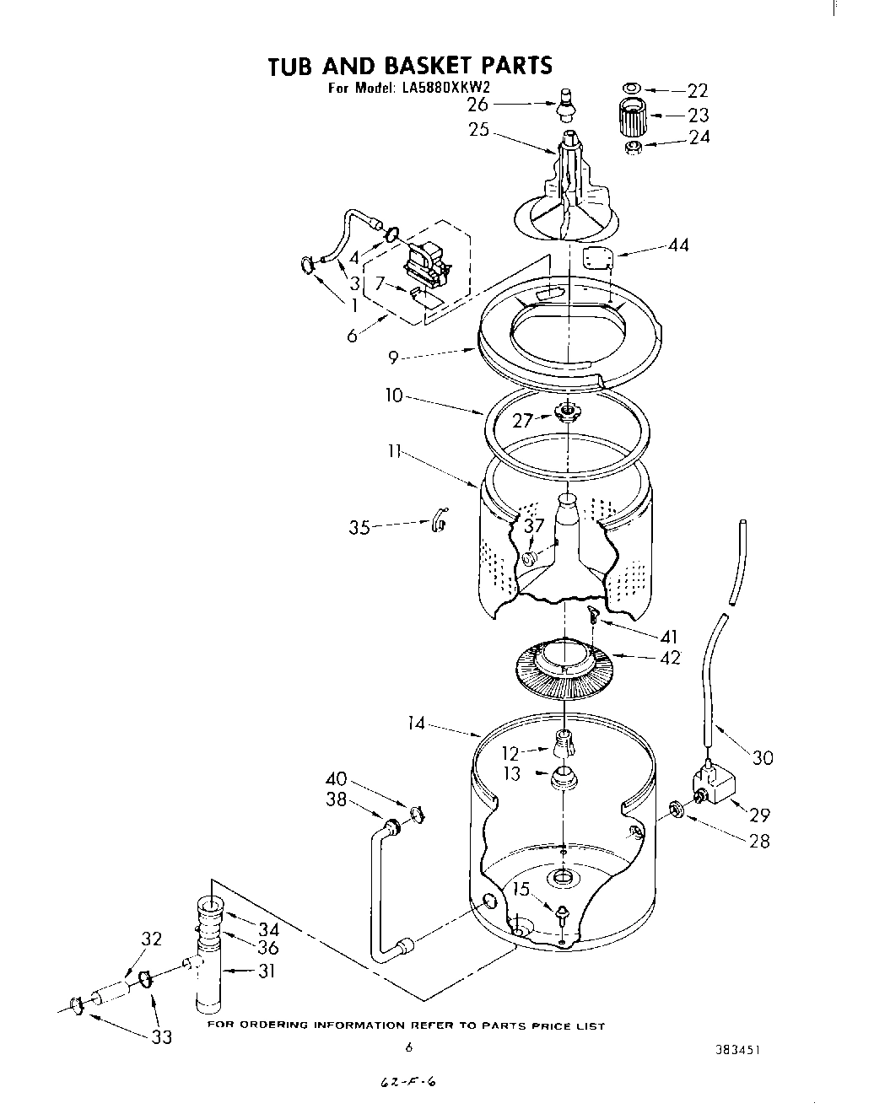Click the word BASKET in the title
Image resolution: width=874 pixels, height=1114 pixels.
click(433, 65)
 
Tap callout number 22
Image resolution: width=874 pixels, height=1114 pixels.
click(697, 90)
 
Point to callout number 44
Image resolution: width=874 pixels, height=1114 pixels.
click(677, 245)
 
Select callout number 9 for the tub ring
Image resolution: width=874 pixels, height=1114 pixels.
click(393, 358)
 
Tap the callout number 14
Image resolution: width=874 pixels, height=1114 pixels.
click(417, 724)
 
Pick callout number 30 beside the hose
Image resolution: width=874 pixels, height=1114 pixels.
click(762, 757)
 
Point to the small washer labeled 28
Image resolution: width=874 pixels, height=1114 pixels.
click(676, 810)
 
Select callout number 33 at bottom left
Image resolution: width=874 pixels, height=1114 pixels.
click(160, 1036)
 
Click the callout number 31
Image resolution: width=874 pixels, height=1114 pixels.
click(267, 971)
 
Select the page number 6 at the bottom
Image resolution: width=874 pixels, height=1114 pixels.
click(408, 1047)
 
